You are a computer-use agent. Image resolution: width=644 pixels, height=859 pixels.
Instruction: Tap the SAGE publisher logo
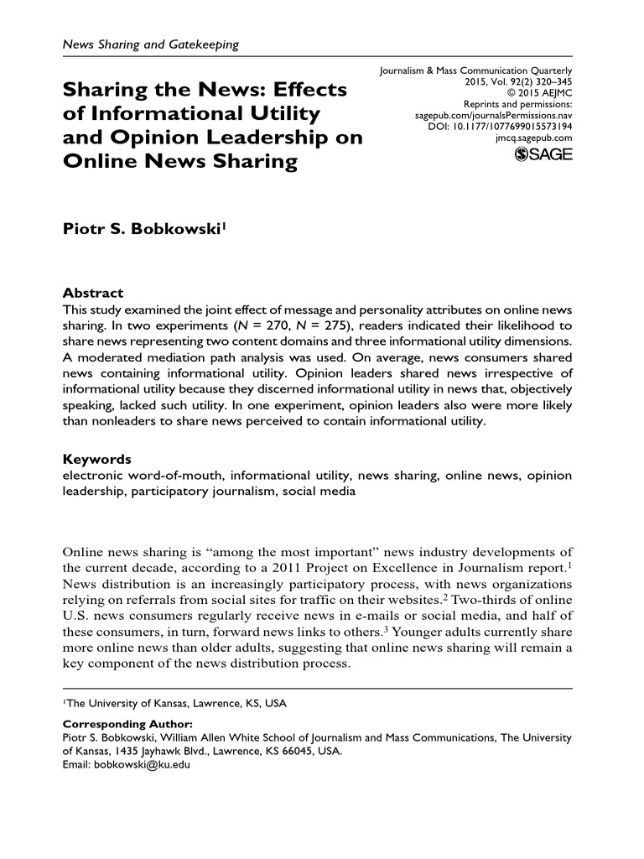point(543,154)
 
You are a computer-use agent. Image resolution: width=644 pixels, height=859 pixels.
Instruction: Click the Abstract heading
point(93,293)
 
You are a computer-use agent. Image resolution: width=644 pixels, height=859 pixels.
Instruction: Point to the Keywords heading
point(97,460)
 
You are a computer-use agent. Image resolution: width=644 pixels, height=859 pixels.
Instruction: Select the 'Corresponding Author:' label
point(128,723)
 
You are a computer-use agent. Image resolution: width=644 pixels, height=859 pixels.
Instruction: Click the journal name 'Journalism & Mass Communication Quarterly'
point(475,71)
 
